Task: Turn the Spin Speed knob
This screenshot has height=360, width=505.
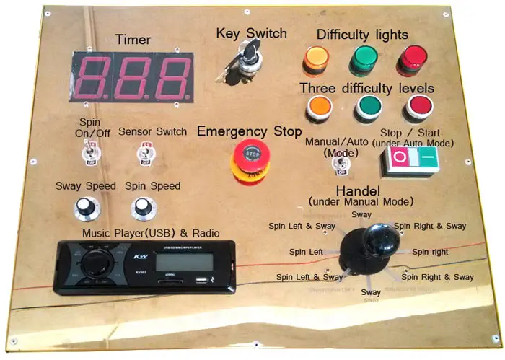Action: [x=141, y=208]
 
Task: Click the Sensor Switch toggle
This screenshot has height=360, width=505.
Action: [x=143, y=153]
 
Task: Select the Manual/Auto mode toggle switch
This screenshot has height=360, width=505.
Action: [x=337, y=165]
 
